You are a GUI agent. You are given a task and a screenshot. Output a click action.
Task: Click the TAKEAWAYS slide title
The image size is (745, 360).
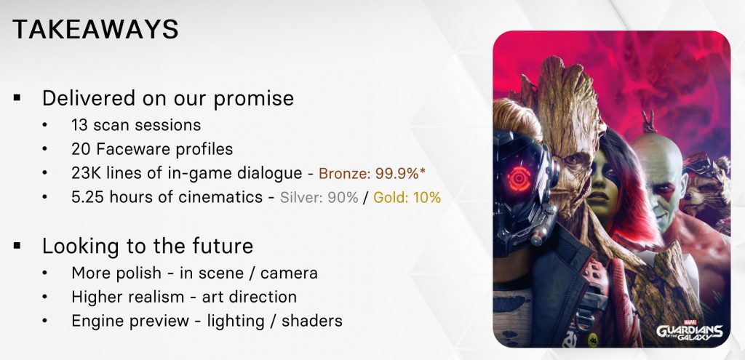[x=95, y=29]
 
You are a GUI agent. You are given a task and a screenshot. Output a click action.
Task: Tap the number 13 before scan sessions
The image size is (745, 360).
[x=79, y=125]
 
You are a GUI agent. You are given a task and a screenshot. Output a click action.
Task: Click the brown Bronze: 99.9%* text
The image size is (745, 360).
[x=372, y=173]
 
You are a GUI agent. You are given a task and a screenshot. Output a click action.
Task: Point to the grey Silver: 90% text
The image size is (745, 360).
[x=319, y=197]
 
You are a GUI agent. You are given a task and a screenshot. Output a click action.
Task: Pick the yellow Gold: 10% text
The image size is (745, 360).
[x=407, y=197]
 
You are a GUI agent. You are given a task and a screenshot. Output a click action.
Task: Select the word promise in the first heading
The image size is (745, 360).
[x=253, y=99]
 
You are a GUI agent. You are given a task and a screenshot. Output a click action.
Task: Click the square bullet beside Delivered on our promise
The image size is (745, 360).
[x=17, y=98]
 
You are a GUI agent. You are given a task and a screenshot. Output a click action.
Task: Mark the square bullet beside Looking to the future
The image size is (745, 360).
[x=17, y=246]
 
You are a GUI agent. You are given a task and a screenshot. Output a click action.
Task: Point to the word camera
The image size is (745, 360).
[x=289, y=273]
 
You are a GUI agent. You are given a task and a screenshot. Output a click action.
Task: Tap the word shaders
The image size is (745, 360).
[x=311, y=321]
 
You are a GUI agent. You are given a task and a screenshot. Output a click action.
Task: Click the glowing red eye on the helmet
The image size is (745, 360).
[x=518, y=179]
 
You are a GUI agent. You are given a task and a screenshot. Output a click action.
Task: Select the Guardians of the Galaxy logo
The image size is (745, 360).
[x=690, y=332]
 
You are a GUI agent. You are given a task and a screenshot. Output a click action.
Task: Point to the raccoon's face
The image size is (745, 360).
[x=705, y=190]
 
